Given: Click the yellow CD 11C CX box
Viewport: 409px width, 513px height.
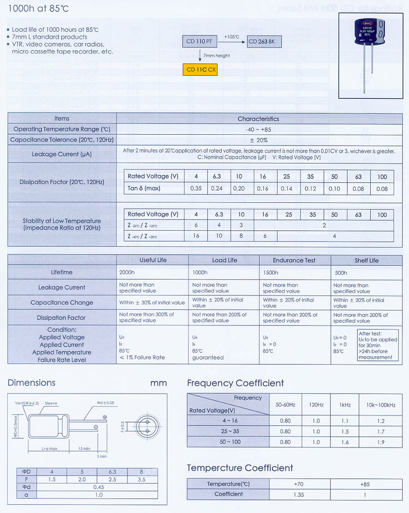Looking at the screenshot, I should click(x=201, y=69).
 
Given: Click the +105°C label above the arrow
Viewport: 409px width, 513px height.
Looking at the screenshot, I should click(x=232, y=36).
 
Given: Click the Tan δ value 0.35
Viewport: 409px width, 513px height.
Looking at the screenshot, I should click(x=196, y=189).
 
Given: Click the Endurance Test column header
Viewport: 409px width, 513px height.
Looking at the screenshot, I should click(x=294, y=260).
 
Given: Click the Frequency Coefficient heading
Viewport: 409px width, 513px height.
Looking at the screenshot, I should click(x=236, y=383).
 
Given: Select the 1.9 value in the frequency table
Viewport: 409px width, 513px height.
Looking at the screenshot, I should click(x=381, y=442).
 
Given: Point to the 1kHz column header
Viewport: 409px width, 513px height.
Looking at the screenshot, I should click(x=344, y=405).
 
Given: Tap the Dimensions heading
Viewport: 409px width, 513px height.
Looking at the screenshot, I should click(x=32, y=383).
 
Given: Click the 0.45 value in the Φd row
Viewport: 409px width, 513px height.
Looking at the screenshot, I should click(x=99, y=487).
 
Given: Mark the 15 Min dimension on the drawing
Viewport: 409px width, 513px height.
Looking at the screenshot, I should click(x=83, y=449).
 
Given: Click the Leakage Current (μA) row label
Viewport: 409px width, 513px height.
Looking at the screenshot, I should click(x=62, y=154).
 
